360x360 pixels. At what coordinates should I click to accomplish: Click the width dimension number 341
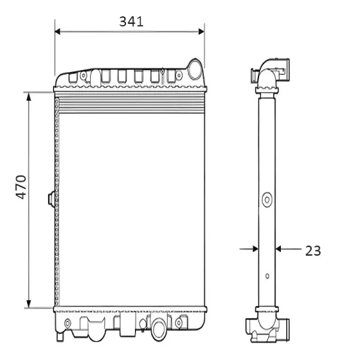point(131,22)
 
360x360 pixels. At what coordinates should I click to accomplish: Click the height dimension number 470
point(20,187)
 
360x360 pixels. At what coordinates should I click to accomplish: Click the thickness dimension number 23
point(313,250)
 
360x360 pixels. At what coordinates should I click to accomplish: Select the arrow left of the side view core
point(253,248)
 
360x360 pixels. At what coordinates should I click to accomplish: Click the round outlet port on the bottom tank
point(159,329)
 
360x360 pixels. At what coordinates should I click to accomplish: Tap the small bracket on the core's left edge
point(51,198)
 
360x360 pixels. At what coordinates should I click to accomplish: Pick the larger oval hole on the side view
point(266,199)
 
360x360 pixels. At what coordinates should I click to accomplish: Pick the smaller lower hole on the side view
point(267,277)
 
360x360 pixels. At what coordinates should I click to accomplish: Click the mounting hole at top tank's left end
point(84,76)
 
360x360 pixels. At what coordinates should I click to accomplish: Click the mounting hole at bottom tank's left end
point(67,324)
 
